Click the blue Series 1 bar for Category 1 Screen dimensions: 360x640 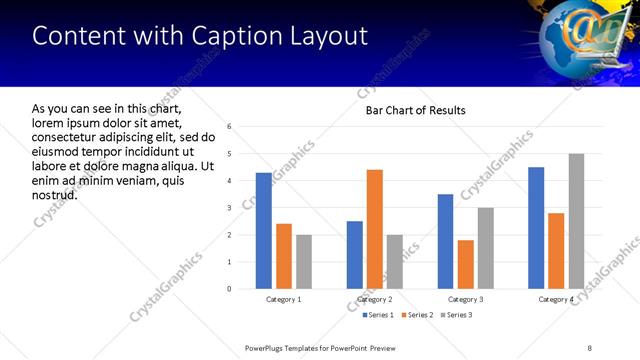click(263, 231)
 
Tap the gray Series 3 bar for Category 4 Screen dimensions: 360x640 click(576, 221)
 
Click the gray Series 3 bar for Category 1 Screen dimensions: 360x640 click(303, 262)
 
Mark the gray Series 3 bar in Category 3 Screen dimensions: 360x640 click(486, 248)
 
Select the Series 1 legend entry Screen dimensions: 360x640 click(377, 315)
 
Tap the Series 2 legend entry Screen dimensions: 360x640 click(417, 315)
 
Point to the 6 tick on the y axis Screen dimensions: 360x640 click(229, 127)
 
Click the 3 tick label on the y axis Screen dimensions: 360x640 click(229, 208)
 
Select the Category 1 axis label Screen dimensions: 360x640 click(284, 299)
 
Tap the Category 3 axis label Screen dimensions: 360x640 click(466, 299)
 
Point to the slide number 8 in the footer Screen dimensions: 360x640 click(589, 347)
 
